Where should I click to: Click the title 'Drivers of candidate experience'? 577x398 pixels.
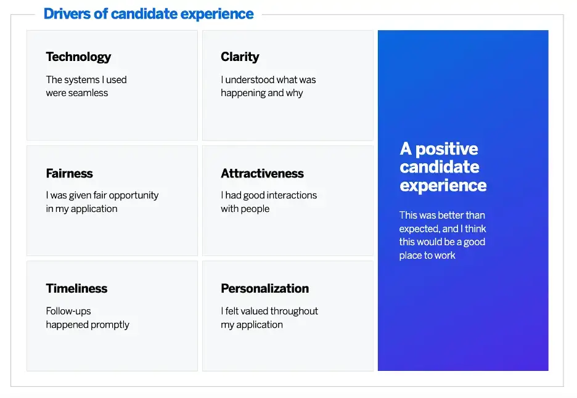[149, 14]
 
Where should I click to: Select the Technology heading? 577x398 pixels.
[78, 57]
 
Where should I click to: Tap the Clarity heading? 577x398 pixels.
[240, 57]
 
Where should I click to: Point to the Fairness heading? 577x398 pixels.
[69, 173]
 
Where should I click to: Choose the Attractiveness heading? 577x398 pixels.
[262, 173]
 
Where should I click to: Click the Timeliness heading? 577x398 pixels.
[76, 288]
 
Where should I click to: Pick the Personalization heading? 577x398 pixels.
[264, 288]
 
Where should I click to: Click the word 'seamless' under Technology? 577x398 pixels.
[89, 93]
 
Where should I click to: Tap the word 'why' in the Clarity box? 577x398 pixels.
[295, 93]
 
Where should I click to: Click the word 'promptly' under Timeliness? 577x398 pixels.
[108, 325]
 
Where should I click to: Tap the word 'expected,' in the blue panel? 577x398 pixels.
[419, 229]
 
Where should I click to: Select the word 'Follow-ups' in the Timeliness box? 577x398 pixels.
[68, 311]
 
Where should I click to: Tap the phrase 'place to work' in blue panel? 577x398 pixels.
[427, 255]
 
